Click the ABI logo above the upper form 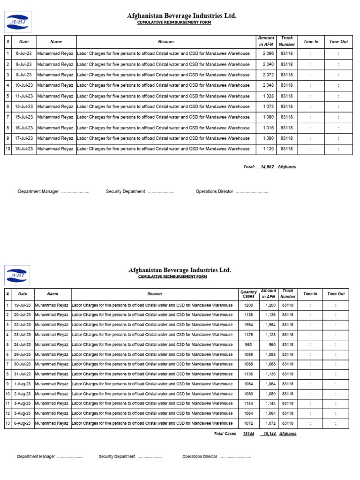click(17, 23)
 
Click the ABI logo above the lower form click(17, 275)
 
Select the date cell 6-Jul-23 click(24, 54)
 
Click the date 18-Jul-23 click(24, 149)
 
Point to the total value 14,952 click(267, 167)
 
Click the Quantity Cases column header click(248, 294)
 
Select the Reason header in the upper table click(166, 42)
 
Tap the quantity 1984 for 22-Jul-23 click(248, 325)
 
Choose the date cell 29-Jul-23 click(22, 354)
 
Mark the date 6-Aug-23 click(22, 423)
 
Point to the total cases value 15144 click(248, 434)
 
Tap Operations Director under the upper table click(214, 192)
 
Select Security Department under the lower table click(117, 457)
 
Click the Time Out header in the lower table click(336, 294)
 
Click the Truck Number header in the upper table click(287, 41)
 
